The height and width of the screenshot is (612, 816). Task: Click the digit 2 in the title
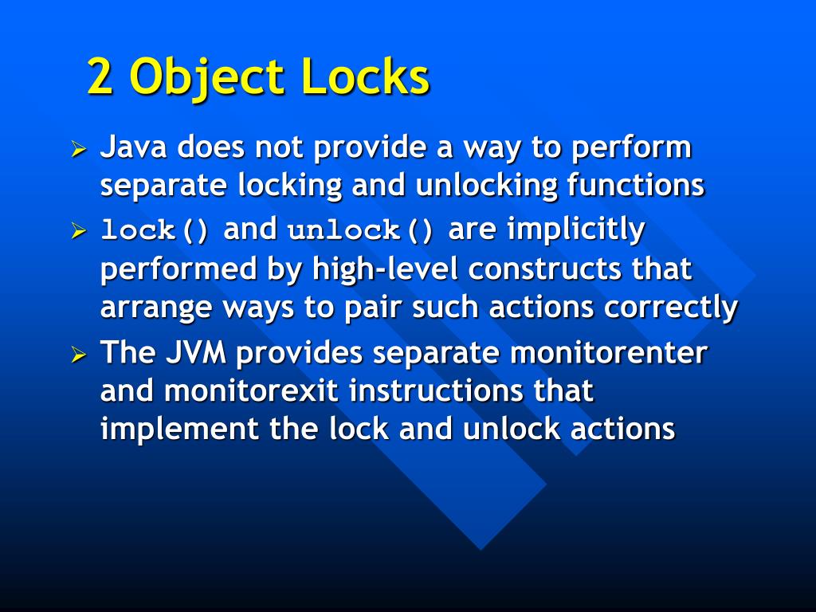click(x=100, y=78)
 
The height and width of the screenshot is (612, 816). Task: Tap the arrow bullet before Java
click(x=78, y=149)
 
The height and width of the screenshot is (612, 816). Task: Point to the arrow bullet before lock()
click(x=78, y=232)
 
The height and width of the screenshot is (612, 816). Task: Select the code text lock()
click(x=155, y=231)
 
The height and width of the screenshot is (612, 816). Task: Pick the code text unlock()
click(x=361, y=231)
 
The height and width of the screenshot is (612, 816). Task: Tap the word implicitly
click(x=575, y=230)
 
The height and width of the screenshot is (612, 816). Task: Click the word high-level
click(x=386, y=269)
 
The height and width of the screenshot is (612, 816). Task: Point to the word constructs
click(x=546, y=269)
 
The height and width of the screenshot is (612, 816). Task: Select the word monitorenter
click(x=609, y=353)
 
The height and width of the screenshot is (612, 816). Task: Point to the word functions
click(x=636, y=186)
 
